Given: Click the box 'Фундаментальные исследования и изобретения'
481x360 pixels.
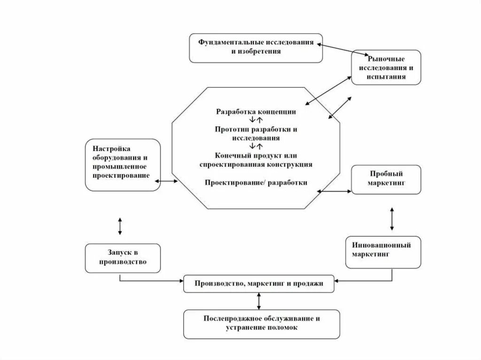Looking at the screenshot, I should click(256, 47).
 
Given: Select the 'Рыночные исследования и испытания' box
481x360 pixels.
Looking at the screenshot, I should click(386, 67).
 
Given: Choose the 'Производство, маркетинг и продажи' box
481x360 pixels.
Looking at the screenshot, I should click(259, 283).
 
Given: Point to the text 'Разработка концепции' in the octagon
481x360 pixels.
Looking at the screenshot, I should click(256, 112).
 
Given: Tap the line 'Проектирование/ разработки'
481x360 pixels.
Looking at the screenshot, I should click(256, 183).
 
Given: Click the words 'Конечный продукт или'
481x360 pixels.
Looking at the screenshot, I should click(256, 155).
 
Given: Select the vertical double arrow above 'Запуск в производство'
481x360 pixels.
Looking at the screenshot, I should click(120, 226).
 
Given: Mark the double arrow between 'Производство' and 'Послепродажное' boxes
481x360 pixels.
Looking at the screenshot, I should click(259, 300).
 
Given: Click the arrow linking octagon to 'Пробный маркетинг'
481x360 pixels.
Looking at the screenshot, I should click(334, 191).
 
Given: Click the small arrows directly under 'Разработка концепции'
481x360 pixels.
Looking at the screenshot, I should click(256, 120).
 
